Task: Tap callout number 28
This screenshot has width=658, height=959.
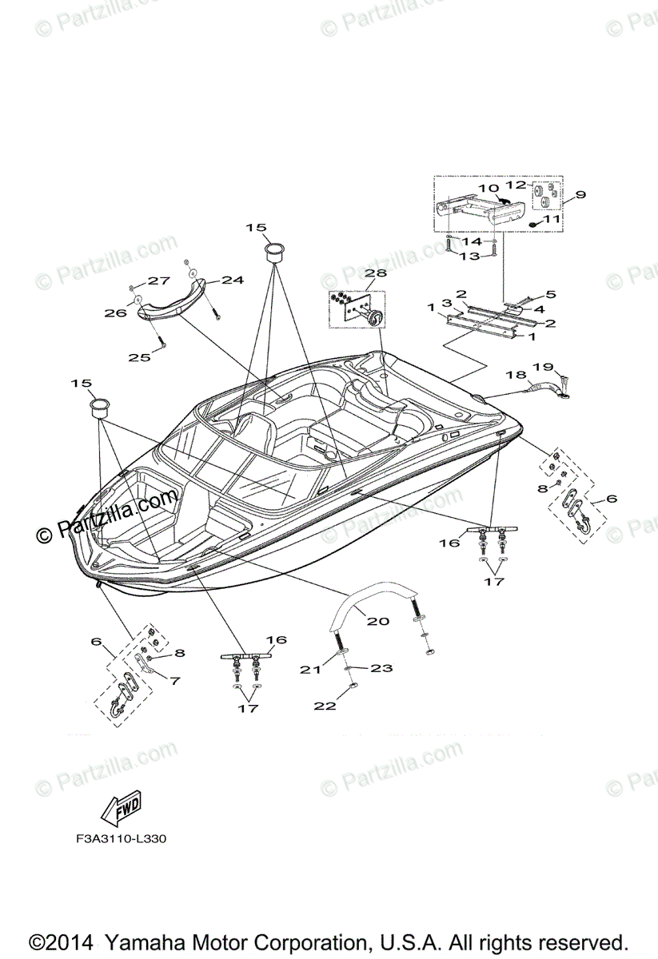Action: tap(376, 273)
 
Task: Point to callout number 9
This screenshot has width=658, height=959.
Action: tap(580, 194)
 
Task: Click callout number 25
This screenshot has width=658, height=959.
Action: tap(140, 357)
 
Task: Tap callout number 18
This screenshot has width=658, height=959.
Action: tap(515, 374)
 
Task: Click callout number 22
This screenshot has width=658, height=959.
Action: tap(325, 706)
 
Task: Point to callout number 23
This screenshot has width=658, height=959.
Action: tap(381, 668)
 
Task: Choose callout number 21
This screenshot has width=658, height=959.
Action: tap(310, 670)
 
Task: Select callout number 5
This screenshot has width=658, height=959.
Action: tap(550, 294)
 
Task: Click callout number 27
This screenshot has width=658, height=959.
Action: tap(158, 281)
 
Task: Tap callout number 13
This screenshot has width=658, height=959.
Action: tap(469, 257)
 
